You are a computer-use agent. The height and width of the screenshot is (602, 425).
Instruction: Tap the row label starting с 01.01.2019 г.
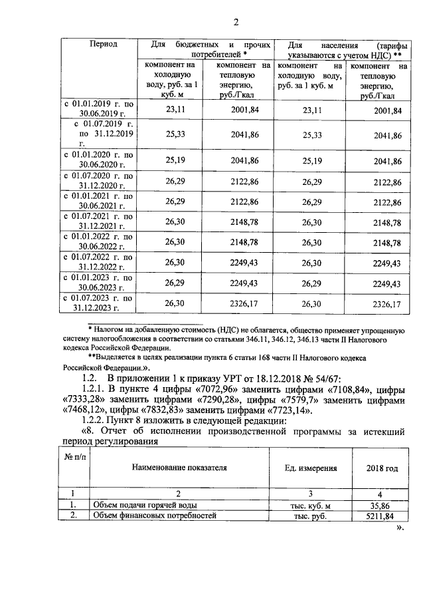(x=98, y=109)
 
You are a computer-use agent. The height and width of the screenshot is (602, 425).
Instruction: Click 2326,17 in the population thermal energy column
(x=388, y=305)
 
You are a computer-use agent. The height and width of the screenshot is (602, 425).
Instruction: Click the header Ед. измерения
(x=310, y=468)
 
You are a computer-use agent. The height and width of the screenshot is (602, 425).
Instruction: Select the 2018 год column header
(x=382, y=468)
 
